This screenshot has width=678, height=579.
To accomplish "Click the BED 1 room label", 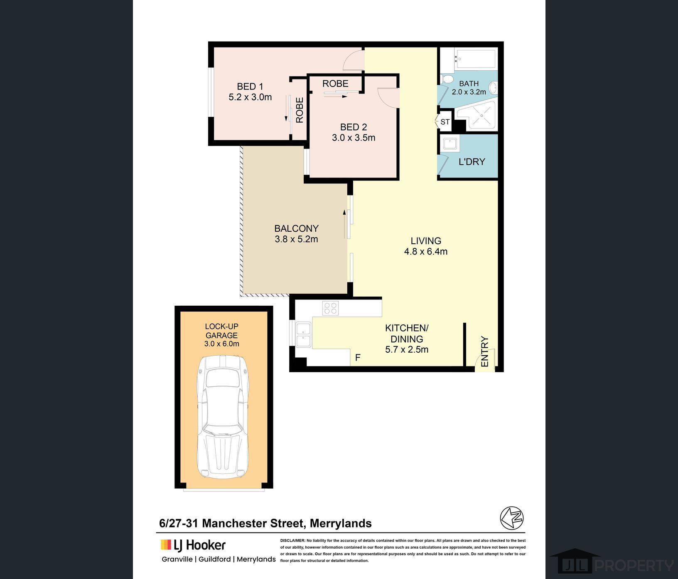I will click(x=250, y=87).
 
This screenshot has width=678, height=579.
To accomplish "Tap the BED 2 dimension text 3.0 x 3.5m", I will click(x=353, y=138).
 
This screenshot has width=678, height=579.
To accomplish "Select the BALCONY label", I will click(x=296, y=228).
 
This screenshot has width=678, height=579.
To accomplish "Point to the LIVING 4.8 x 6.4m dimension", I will click(x=425, y=251).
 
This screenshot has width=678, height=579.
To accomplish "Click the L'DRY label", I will click(x=472, y=162).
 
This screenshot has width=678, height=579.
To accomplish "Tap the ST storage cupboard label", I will click(x=445, y=122).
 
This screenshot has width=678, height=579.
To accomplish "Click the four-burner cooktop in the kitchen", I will click(x=331, y=308).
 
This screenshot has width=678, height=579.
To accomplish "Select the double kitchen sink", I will click(x=303, y=334).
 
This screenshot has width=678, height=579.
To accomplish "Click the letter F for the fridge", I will click(x=358, y=357).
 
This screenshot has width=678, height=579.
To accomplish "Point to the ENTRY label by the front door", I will click(x=484, y=351).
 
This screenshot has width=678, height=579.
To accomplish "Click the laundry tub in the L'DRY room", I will click(x=450, y=144).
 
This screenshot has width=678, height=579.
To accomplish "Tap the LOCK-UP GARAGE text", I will click(x=221, y=331).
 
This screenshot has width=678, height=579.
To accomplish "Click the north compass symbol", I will click(x=511, y=518).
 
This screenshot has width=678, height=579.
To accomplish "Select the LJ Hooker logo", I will click(x=193, y=544).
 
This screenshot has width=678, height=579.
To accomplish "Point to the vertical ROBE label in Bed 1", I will click(x=300, y=110).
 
